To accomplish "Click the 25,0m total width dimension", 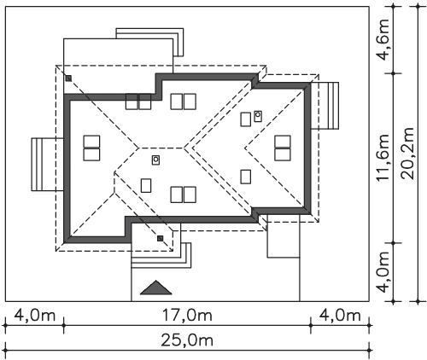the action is [187, 340].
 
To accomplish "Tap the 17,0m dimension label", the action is [187, 316].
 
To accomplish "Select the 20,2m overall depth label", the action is [407, 154].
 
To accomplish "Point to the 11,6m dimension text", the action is [383, 157].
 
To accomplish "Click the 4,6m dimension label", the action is [383, 40].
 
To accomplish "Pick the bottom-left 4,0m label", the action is [34, 316].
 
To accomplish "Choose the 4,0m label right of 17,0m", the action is [340, 316].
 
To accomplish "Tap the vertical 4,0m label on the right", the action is [383, 272].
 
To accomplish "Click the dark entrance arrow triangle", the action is [156, 287].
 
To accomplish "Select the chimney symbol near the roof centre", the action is [155, 160].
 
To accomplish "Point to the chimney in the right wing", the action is [258, 116].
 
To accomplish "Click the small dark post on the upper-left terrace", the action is [68, 78].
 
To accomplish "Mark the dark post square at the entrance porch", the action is [161, 238].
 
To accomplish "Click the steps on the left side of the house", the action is [47, 165].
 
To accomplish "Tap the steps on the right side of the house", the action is [325, 106].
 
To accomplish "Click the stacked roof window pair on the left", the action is [91, 148].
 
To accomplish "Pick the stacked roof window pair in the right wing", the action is [283, 148].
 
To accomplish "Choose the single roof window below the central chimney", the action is [146, 185].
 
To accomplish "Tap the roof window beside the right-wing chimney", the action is [246, 119].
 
